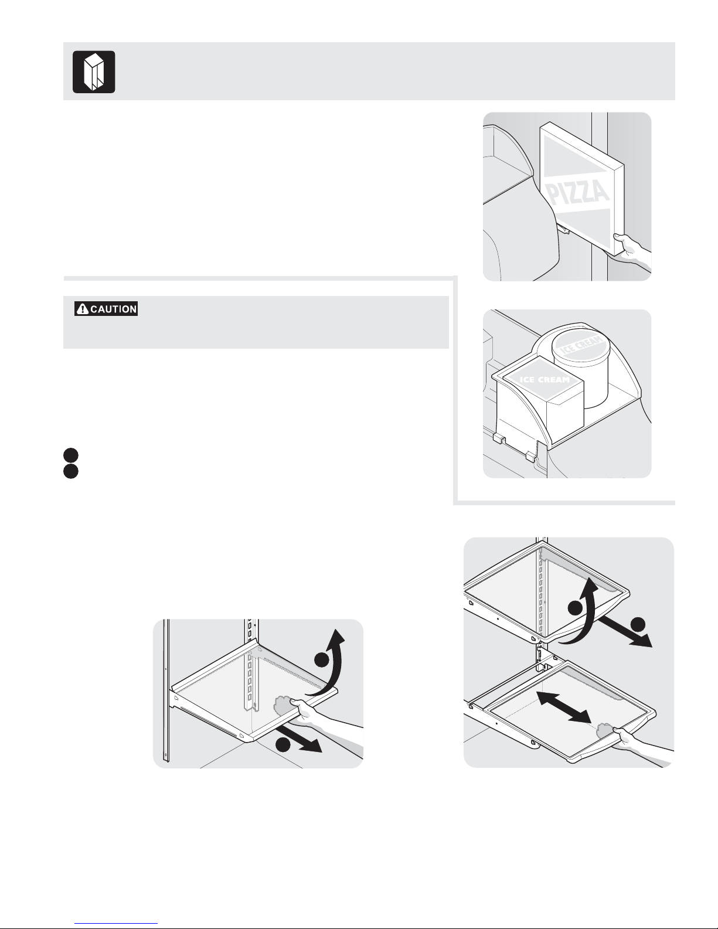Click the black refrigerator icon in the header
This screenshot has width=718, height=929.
[94, 72]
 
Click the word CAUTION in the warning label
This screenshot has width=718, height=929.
[113, 309]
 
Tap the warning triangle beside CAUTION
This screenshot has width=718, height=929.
[83, 309]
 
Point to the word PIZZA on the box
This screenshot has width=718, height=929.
[579, 193]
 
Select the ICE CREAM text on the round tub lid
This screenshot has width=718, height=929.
[581, 345]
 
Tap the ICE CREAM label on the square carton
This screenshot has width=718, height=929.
[545, 380]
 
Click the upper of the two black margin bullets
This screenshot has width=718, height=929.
[71, 455]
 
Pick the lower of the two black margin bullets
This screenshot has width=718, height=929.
[71, 471]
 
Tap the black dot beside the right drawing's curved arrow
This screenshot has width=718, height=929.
[575, 608]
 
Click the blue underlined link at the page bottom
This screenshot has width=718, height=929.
[116, 922]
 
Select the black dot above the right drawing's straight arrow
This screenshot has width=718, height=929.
[638, 625]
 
